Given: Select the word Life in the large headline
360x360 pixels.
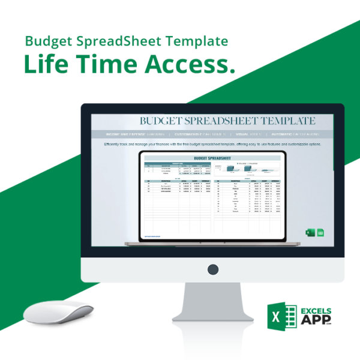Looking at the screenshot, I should click(48, 65).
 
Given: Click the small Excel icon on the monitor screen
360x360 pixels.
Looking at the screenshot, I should click(311, 233).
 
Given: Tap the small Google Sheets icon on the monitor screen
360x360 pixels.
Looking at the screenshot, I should click(320, 233).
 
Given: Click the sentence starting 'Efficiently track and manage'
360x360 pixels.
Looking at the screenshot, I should click(212, 145).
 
